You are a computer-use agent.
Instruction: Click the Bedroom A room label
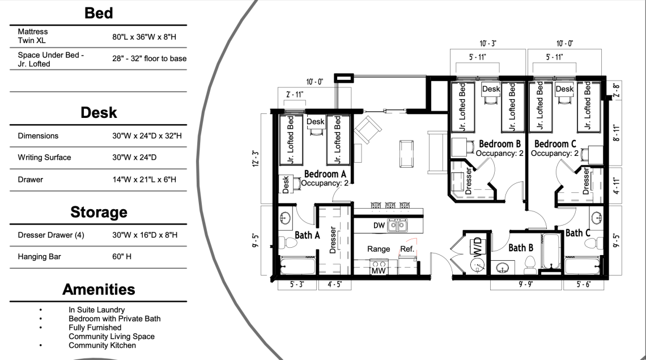tap(325, 174)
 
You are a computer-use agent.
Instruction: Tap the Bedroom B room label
tap(500, 144)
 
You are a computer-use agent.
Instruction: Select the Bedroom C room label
tap(555, 144)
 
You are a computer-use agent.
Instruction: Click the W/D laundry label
tap(477, 246)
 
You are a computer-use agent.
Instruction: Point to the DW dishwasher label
tap(379, 226)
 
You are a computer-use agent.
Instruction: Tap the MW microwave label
tap(378, 271)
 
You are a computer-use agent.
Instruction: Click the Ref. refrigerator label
tap(407, 249)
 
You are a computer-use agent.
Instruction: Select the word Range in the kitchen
tap(379, 249)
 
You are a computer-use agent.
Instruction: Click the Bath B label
tap(521, 248)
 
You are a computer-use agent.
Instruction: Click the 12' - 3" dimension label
tap(256, 159)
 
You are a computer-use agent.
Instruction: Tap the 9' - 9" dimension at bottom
tap(525, 284)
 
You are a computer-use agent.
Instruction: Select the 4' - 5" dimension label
tap(334, 284)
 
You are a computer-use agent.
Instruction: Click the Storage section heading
tap(99, 212)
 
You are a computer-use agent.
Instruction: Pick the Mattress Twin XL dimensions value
tap(144, 37)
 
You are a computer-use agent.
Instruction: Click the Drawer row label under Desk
tap(31, 179)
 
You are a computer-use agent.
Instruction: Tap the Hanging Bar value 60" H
tap(122, 256)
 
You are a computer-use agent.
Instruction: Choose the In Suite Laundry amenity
tap(97, 310)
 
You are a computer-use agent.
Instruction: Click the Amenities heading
tap(99, 290)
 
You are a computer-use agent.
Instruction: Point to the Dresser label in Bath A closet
tap(333, 240)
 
